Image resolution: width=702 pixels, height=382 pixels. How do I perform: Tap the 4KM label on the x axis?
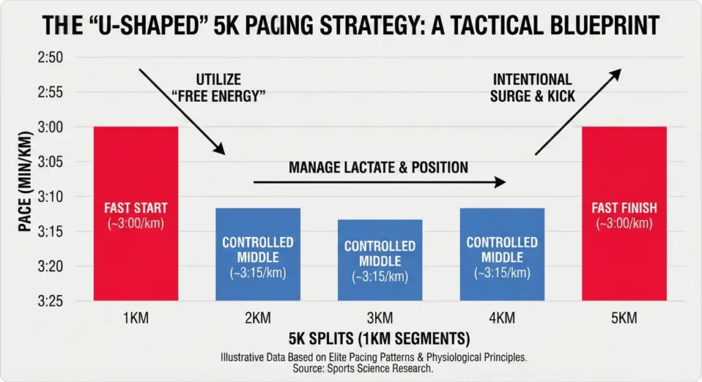pyautogui.click(x=502, y=318)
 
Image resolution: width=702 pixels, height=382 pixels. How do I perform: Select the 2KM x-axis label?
pyautogui.click(x=258, y=318)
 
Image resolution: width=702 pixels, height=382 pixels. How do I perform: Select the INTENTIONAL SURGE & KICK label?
pyautogui.click(x=532, y=88)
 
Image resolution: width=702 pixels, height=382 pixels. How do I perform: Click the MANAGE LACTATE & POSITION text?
pyautogui.click(x=378, y=167)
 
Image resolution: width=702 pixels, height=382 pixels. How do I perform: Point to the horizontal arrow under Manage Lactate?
pyautogui.click(x=379, y=182)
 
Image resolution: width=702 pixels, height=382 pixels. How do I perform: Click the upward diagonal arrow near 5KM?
pyautogui.click(x=577, y=111)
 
